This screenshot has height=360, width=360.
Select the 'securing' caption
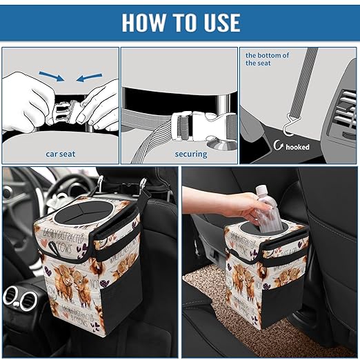point(191,154)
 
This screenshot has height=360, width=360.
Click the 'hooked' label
point(298,147)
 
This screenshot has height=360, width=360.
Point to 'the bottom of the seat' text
point(268,59)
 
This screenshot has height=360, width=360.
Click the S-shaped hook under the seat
point(281,126)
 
